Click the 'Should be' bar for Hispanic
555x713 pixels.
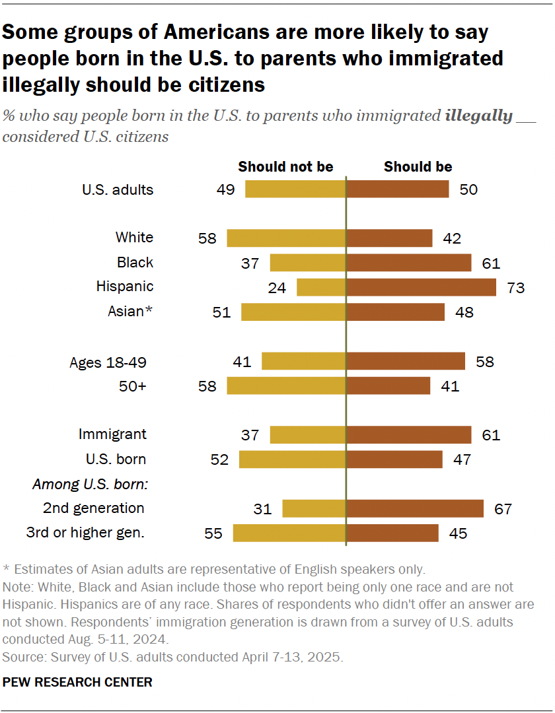(421, 287)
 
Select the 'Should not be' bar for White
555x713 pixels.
(286, 238)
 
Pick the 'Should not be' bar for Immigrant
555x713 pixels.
(308, 435)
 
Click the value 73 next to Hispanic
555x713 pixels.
(515, 288)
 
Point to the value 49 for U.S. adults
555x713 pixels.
(226, 190)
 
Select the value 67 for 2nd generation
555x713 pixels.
(503, 509)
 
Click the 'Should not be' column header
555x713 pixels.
(285, 167)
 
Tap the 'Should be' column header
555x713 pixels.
(418, 167)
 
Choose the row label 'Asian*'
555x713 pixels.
(130, 312)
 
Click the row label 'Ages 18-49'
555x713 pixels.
(108, 362)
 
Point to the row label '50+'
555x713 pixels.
(133, 386)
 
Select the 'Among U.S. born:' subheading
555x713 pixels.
(90, 485)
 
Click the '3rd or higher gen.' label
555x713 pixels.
(85, 532)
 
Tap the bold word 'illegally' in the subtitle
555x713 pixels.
(479, 117)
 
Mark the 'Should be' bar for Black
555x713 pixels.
(408, 263)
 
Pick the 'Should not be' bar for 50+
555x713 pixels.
(286, 386)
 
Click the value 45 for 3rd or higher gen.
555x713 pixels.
(457, 533)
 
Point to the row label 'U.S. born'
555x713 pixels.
(116, 459)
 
